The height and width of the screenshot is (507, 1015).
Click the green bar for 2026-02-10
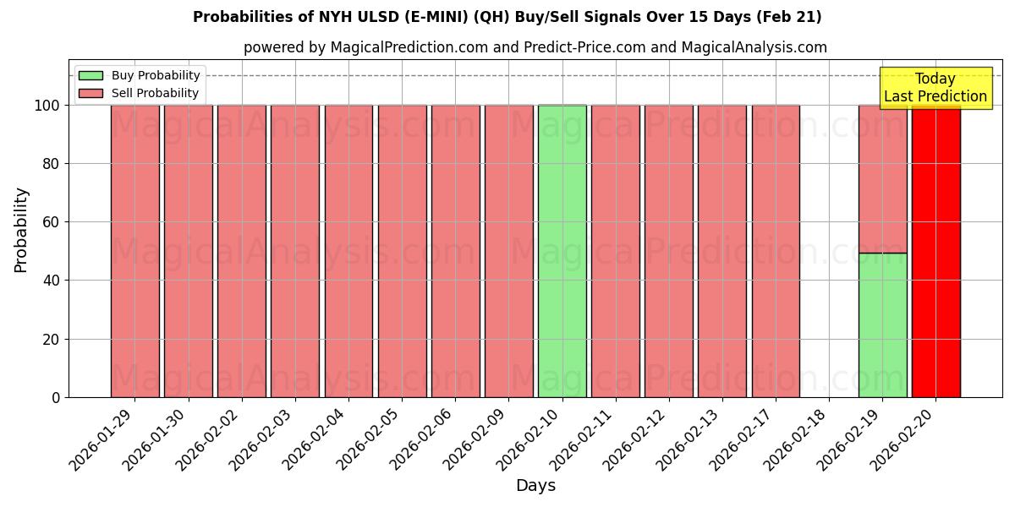(x=562, y=251)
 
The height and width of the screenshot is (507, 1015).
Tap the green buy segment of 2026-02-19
(x=882, y=325)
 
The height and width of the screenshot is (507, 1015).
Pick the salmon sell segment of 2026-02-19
(x=882, y=179)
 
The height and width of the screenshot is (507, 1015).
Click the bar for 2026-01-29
(x=134, y=251)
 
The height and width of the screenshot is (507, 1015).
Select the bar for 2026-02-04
(x=348, y=251)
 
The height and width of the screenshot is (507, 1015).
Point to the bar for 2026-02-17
(x=776, y=251)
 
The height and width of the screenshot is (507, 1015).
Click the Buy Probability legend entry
(x=140, y=75)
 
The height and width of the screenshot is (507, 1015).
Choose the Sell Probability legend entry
(x=140, y=93)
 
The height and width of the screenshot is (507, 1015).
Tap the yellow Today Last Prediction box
(x=935, y=88)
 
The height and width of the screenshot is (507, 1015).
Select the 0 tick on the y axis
(x=56, y=397)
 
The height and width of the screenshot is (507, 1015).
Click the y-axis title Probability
(x=21, y=230)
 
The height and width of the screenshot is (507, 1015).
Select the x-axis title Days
(x=535, y=486)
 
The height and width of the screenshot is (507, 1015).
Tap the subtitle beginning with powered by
(x=535, y=47)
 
